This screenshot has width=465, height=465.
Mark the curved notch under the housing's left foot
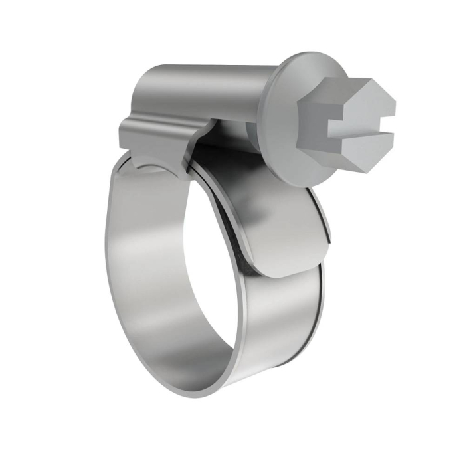tap(149, 163)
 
